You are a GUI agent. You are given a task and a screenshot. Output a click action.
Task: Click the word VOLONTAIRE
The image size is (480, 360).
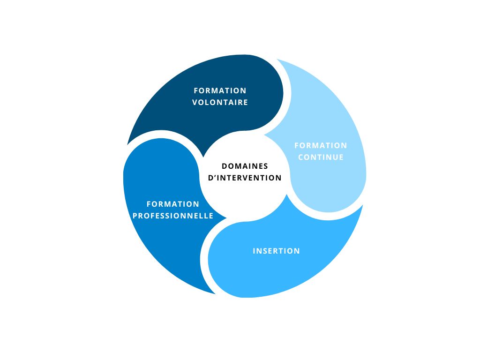[x=220, y=102]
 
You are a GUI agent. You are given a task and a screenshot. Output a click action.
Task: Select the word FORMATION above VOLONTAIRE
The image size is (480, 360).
[x=220, y=90]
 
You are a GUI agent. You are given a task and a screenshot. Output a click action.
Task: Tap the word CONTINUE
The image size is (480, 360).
[x=321, y=157]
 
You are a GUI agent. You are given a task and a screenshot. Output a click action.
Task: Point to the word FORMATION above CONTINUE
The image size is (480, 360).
[x=321, y=145]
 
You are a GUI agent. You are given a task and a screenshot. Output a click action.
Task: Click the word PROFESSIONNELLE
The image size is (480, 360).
[x=173, y=216]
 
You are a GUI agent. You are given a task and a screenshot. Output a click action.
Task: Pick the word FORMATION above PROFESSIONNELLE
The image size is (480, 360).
[x=173, y=204]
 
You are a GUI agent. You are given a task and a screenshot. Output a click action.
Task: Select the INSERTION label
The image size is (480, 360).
[x=276, y=251]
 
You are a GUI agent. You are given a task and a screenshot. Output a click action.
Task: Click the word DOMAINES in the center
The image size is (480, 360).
[x=245, y=166]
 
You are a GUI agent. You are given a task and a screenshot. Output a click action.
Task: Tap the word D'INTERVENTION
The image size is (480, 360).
[x=245, y=178]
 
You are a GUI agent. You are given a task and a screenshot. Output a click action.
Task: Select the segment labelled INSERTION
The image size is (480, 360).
[x=281, y=272]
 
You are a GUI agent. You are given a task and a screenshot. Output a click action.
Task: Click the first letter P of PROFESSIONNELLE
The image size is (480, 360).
[x=135, y=216]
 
